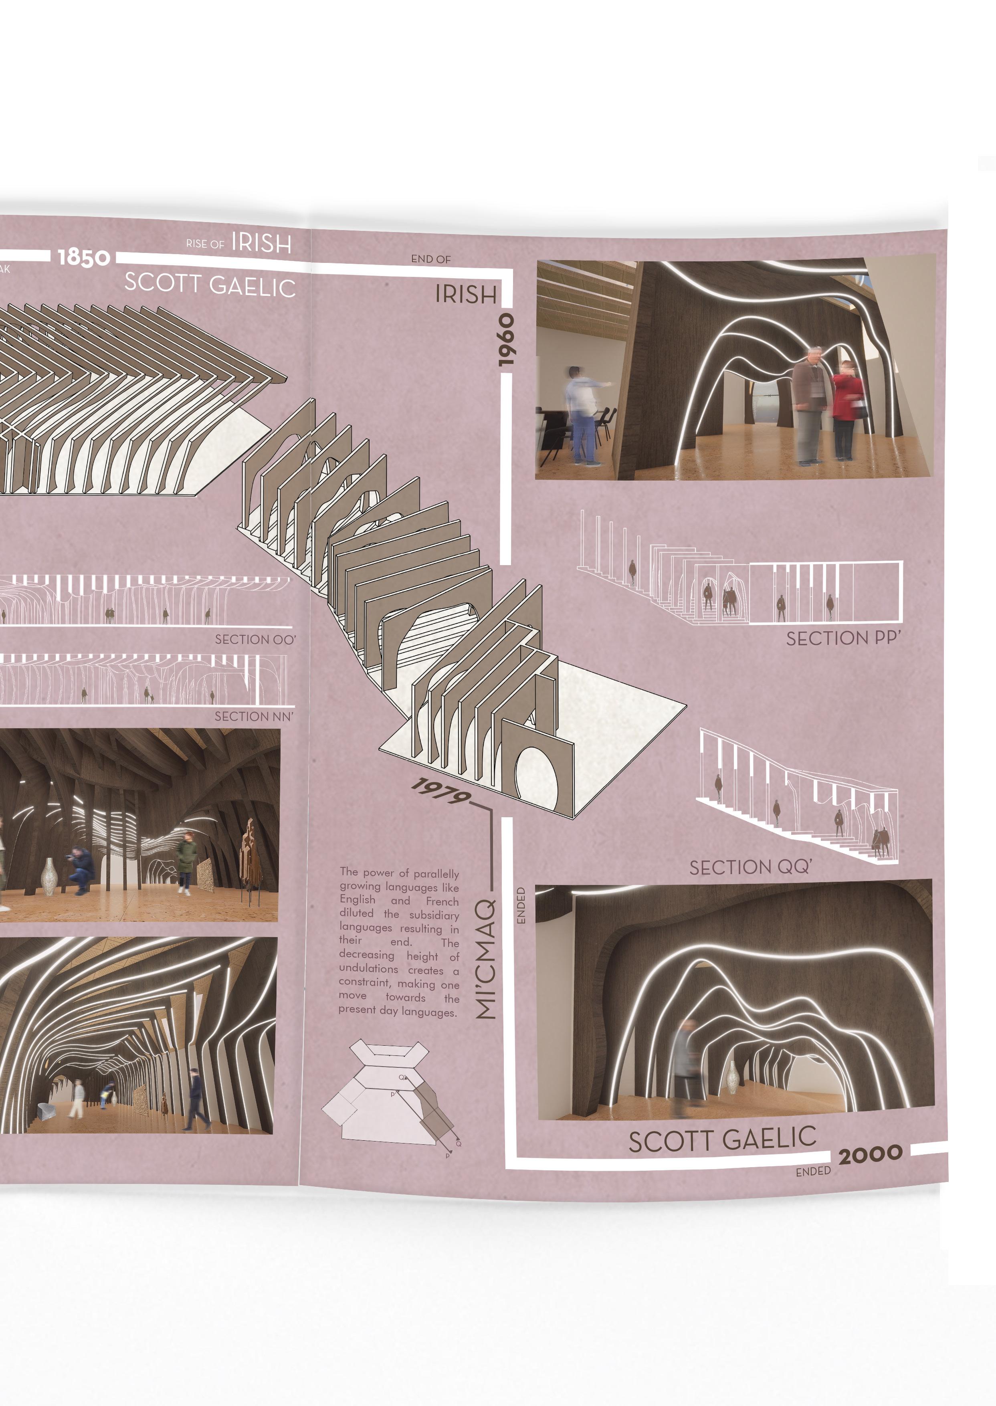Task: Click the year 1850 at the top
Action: tap(84, 258)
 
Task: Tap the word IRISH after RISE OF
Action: tap(261, 243)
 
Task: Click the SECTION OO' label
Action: tap(255, 640)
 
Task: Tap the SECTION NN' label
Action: tap(254, 716)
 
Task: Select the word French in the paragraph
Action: tap(442, 901)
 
